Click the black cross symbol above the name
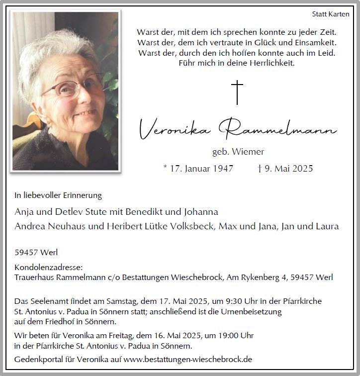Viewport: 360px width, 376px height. click(237, 93)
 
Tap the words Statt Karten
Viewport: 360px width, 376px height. click(331, 14)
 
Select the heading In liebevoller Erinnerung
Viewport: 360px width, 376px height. click(58, 195)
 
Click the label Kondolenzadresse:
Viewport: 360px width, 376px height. click(48, 267)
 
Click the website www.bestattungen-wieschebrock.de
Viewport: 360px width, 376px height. click(188, 359)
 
